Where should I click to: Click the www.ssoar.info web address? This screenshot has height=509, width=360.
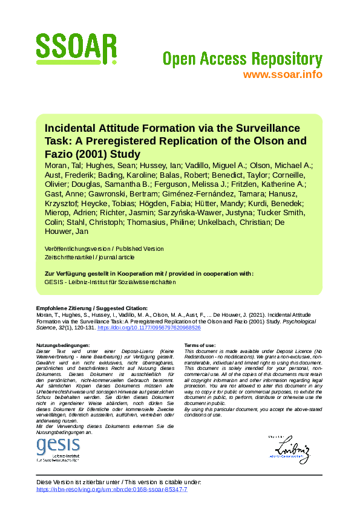click(x=282, y=74)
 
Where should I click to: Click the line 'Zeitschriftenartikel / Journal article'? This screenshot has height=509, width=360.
click(x=90, y=257)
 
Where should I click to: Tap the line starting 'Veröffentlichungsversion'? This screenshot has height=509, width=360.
click(x=104, y=248)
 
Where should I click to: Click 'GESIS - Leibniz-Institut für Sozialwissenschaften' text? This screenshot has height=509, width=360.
click(x=110, y=282)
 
